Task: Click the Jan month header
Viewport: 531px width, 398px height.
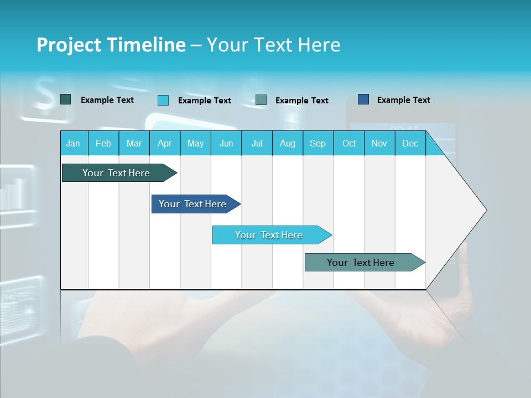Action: pyautogui.click(x=73, y=143)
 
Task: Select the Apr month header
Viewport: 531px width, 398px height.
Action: pyautogui.click(x=164, y=143)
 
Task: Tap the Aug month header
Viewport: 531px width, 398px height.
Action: pyautogui.click(x=287, y=143)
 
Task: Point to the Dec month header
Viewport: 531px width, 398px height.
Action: pyautogui.click(x=410, y=143)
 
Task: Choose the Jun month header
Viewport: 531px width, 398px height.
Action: pyautogui.click(x=226, y=143)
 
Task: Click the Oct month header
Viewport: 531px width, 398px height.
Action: pyautogui.click(x=348, y=143)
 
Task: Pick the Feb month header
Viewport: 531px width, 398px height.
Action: pyautogui.click(x=103, y=143)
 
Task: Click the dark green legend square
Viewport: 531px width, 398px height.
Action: pyautogui.click(x=65, y=99)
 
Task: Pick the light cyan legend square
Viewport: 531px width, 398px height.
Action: pyautogui.click(x=163, y=100)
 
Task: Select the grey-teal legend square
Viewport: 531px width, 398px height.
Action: pyautogui.click(x=261, y=100)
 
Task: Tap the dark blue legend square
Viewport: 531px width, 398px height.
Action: pyautogui.click(x=363, y=99)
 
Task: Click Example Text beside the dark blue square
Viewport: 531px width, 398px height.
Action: pyautogui.click(x=403, y=100)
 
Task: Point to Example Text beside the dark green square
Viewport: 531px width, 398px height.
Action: pyautogui.click(x=107, y=100)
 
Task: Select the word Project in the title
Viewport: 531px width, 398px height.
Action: pyautogui.click(x=67, y=45)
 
